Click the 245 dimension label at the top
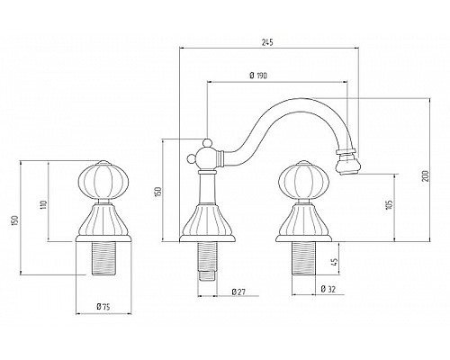(267, 42)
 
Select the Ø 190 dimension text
(258, 76)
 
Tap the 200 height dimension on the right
(426, 175)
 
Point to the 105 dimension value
(390, 204)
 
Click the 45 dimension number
(336, 262)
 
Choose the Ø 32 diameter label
(328, 289)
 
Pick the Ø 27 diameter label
(238, 292)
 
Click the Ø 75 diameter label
(103, 307)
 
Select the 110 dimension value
(44, 204)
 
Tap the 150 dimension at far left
(16, 220)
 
